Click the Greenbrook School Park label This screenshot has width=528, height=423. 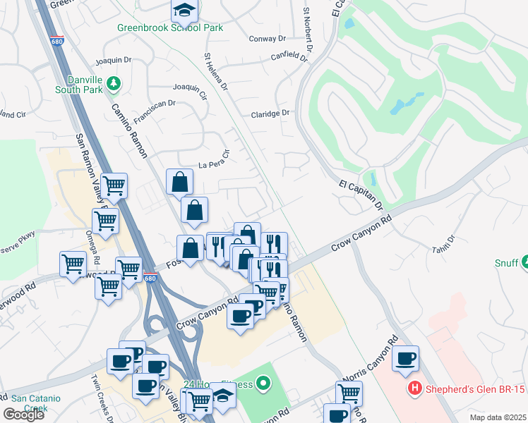[170, 27]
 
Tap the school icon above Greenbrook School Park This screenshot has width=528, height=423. [184, 10]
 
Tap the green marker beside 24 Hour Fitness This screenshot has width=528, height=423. [264, 384]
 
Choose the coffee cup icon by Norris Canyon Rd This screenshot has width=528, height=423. [406, 359]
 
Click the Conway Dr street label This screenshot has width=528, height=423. [268, 39]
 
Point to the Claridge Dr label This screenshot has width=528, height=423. [270, 113]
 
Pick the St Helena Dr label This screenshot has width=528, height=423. [216, 71]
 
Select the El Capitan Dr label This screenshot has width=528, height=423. [360, 195]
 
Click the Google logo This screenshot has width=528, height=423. [24, 415]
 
